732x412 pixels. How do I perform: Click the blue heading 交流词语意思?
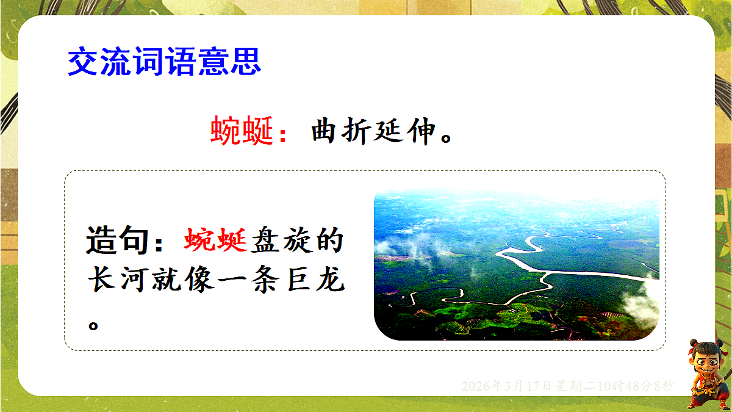tap(164, 61)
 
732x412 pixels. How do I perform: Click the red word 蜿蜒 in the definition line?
tap(242, 131)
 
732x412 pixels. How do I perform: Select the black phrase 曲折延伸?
tap(373, 131)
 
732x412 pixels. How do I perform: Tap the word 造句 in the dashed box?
tap(118, 240)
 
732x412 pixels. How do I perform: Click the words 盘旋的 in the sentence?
tap(297, 240)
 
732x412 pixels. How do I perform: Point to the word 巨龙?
tap(317, 279)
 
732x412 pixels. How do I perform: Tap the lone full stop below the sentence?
tap(93, 326)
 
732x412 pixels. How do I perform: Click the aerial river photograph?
tap(516, 264)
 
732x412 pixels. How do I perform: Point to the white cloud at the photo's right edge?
tap(641, 303)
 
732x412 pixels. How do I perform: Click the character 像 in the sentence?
tap(199, 279)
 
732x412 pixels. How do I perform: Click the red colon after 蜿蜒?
tap(283, 136)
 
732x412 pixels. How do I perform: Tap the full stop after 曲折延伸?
tap(446, 138)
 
